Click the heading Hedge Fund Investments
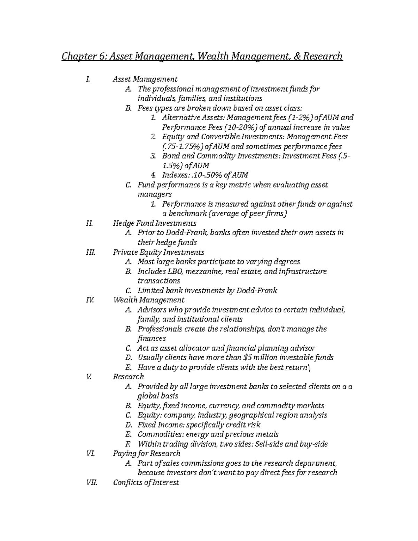155,223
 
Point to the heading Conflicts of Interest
146,482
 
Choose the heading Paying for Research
147,454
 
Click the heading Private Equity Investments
158,252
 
